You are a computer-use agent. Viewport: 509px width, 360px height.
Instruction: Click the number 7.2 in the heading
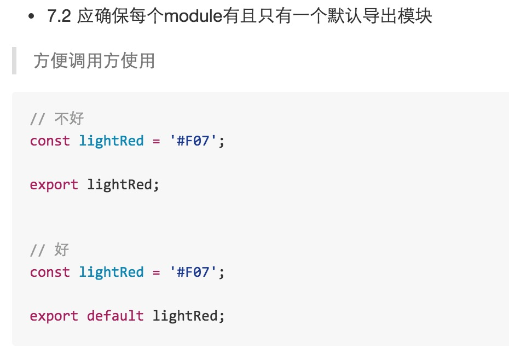coord(59,16)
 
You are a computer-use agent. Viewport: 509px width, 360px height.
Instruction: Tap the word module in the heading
coord(193,16)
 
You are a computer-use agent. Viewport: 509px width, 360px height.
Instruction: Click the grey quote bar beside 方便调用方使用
coord(14,60)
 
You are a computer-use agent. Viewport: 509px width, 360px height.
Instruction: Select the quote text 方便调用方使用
coord(94,60)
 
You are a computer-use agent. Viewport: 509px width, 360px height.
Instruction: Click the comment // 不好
coord(57,118)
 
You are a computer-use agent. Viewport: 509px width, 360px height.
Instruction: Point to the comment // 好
coord(50,249)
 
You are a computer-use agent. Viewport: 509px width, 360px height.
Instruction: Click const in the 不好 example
coord(50,141)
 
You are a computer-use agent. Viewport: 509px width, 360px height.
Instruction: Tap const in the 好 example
coord(50,272)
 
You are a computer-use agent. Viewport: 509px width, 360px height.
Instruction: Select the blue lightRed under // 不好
coord(111,141)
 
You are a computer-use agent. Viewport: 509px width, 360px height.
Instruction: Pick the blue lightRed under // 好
coord(111,272)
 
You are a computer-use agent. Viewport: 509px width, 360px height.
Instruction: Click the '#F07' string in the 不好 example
coord(195,141)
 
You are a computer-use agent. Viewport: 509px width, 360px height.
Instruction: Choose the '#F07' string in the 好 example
coord(195,272)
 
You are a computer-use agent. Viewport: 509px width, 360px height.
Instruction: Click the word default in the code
coord(115,316)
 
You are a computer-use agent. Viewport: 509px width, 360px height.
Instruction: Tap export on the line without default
coord(54,184)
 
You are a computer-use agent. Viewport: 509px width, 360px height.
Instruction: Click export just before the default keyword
coord(54,316)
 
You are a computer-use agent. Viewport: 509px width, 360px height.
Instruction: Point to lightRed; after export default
coord(188,316)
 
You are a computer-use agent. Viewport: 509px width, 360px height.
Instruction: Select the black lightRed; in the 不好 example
coord(123,184)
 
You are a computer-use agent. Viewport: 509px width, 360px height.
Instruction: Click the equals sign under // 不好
coord(156,141)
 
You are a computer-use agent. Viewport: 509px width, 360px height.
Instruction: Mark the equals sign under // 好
coord(156,272)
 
